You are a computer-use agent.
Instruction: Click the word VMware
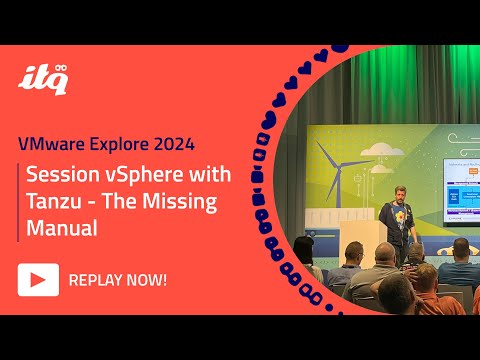(57, 140)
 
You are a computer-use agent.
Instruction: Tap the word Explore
(131, 140)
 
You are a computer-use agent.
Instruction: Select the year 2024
(192, 140)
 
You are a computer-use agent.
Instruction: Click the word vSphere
(141, 175)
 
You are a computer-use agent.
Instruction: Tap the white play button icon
(38, 279)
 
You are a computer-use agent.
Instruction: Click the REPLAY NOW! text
(118, 279)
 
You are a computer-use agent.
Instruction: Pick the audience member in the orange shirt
(419, 280)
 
